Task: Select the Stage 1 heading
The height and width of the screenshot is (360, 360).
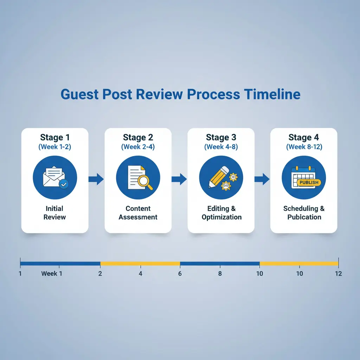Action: point(54,137)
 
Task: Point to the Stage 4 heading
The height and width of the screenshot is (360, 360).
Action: point(304,137)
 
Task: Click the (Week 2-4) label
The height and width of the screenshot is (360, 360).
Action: point(138,147)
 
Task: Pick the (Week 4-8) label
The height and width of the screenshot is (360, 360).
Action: point(221,147)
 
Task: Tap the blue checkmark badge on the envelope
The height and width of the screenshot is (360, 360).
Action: point(64,184)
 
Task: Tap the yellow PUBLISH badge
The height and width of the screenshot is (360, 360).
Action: point(309,182)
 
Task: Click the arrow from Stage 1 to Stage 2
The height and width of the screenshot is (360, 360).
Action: point(96,179)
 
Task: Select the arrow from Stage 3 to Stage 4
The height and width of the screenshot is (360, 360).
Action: point(262,179)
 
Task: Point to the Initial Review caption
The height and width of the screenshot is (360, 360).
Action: point(54,213)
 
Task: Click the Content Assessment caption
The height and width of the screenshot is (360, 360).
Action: point(138,213)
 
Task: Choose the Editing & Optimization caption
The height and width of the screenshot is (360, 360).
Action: point(221,213)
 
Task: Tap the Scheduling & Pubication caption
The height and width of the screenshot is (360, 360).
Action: point(304,213)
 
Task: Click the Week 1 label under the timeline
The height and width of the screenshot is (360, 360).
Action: point(51,274)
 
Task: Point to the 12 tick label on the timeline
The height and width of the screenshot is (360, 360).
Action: point(338,274)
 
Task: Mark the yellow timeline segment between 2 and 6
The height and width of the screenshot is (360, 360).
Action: point(140,263)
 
